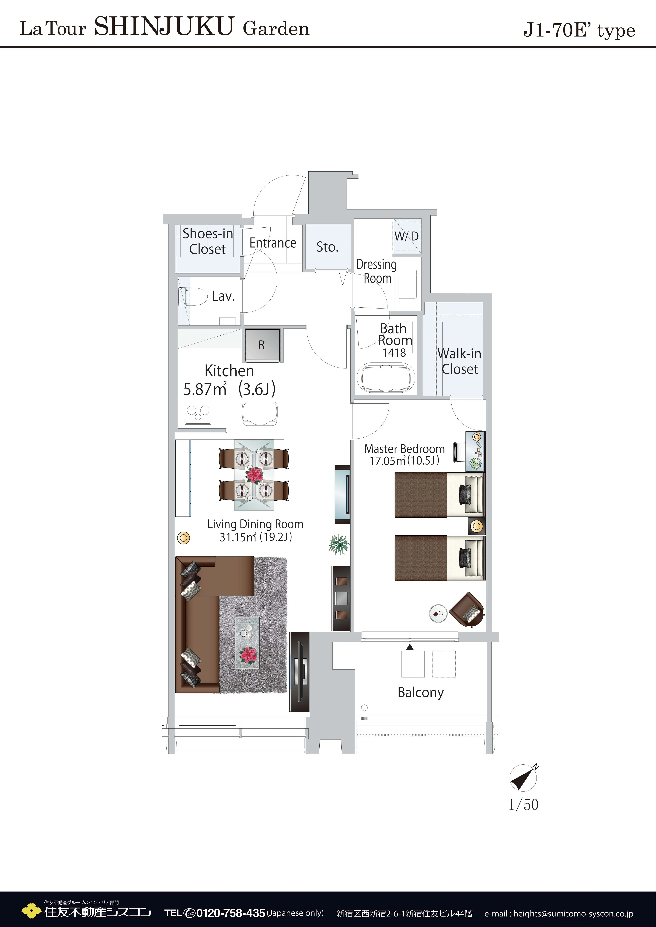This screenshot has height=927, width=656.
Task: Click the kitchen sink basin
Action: (260, 414)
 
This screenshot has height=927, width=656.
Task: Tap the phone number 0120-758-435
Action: (231, 913)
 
